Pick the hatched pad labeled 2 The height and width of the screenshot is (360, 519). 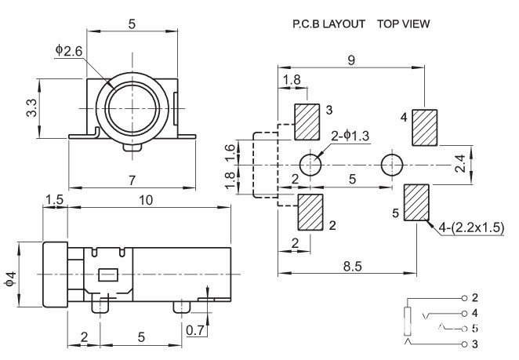pyautogui.click(x=311, y=212)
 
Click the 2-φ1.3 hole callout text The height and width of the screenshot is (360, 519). pyautogui.click(x=351, y=136)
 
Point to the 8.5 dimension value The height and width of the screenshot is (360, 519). pyautogui.click(x=353, y=267)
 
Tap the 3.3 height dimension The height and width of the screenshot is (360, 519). pyautogui.click(x=29, y=107)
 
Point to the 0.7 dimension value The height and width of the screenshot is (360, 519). pyautogui.click(x=196, y=330)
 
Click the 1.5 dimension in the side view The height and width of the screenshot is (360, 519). pyautogui.click(x=54, y=200)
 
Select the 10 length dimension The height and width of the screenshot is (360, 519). pyautogui.click(x=146, y=200)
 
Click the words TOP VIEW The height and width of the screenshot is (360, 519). pyautogui.click(x=403, y=24)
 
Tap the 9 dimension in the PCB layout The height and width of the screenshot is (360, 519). pyautogui.click(x=351, y=59)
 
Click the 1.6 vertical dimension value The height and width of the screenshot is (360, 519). pyautogui.click(x=229, y=149)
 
